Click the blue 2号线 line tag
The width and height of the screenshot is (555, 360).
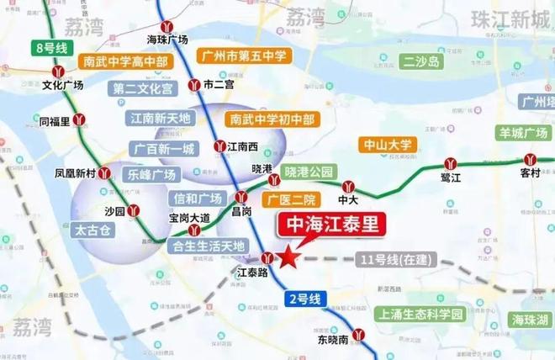pyautogui.click(x=305, y=299)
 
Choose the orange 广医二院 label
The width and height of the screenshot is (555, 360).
pyautogui.click(x=288, y=200)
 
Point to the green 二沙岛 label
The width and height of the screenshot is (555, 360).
pyautogui.click(x=421, y=61)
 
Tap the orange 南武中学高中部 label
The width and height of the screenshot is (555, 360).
pyautogui.click(x=125, y=61)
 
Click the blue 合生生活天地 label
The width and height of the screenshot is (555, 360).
pyautogui.click(x=207, y=246)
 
